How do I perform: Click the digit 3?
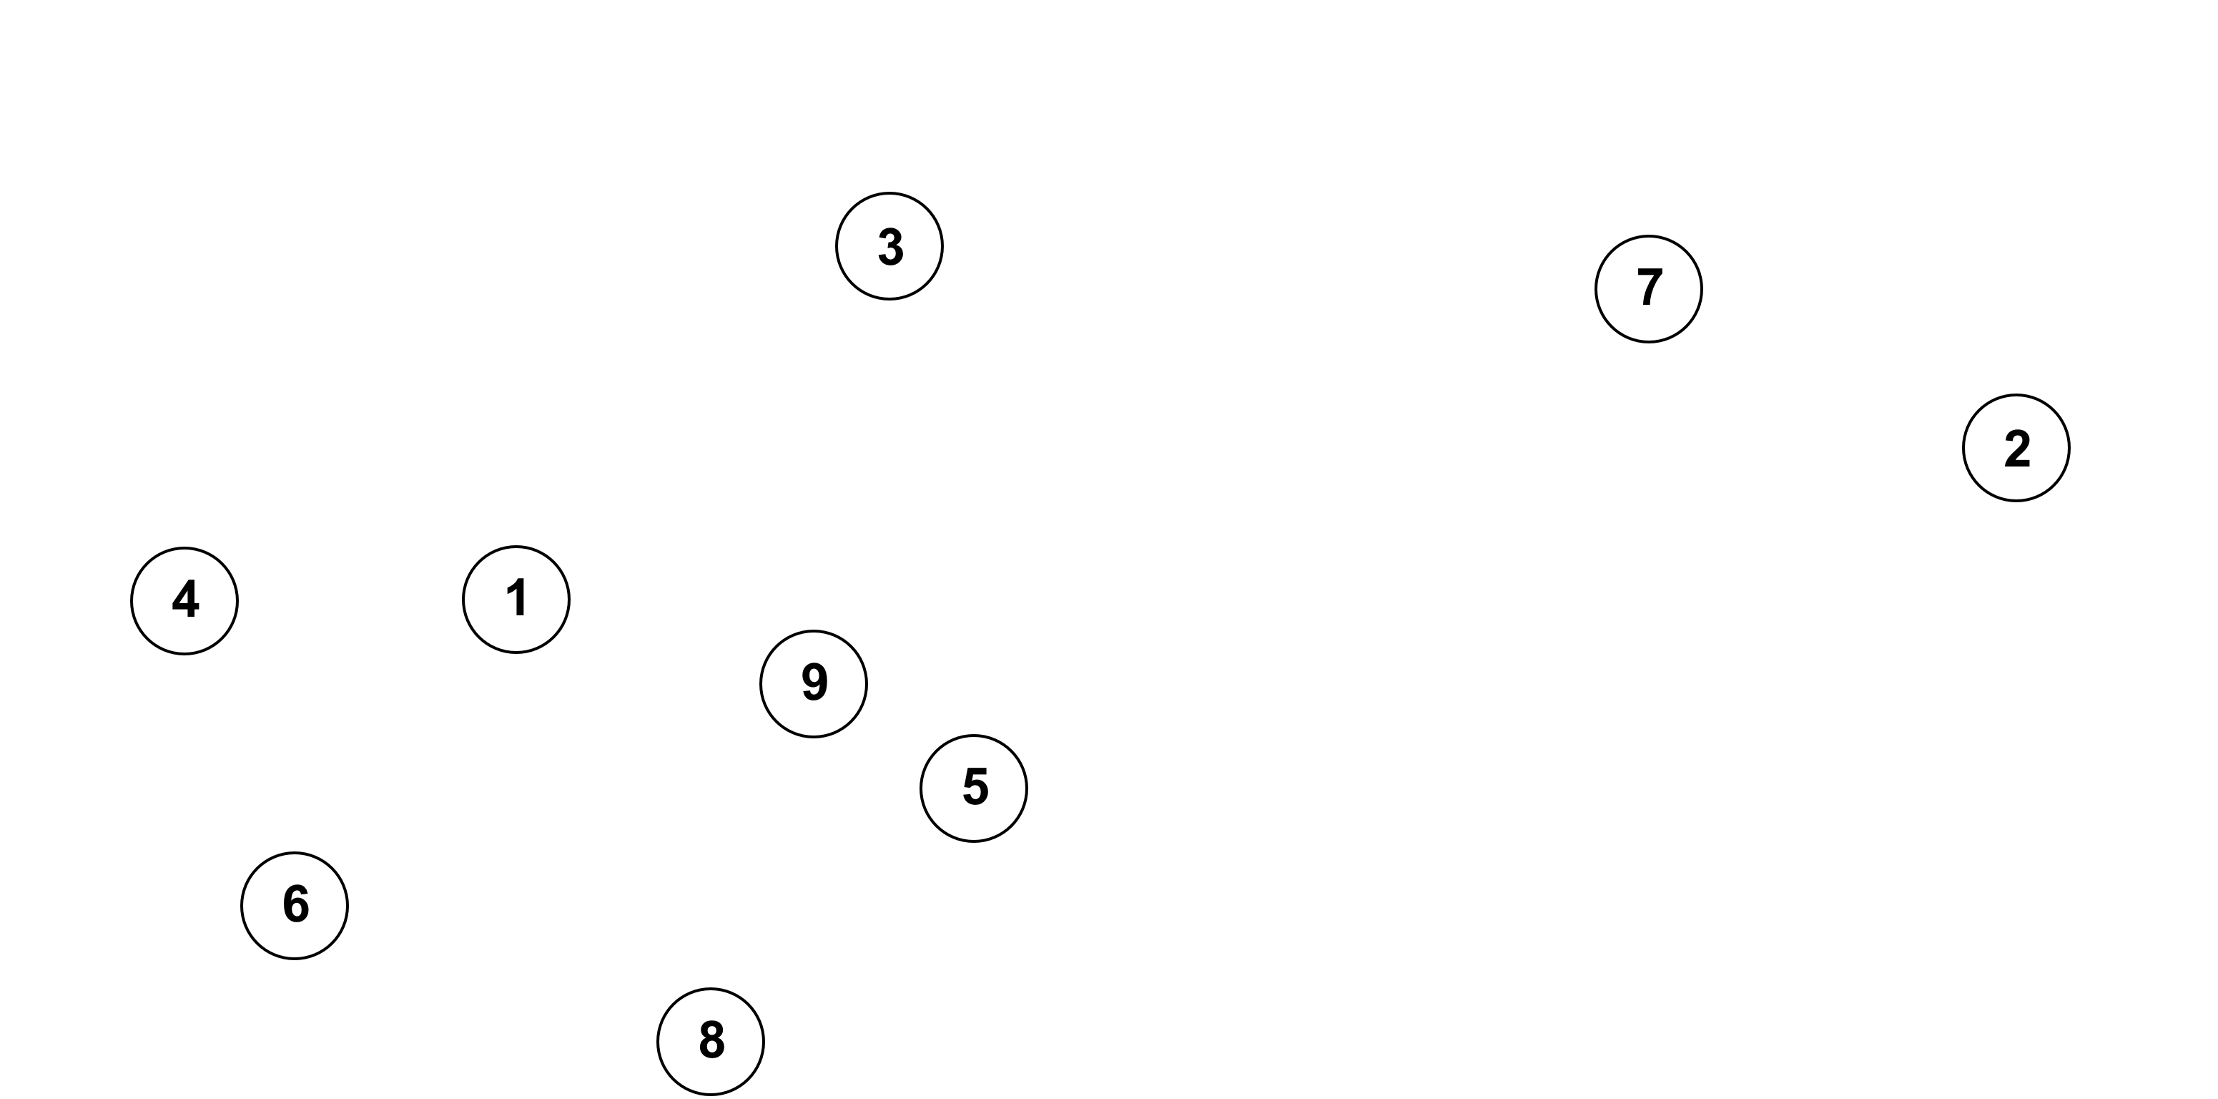tap(890, 246)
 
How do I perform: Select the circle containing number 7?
tap(1648, 289)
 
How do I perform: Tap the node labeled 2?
tap(2016, 448)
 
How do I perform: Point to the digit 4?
tap(185, 600)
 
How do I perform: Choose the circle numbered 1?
tap(516, 600)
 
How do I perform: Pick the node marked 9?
tap(814, 684)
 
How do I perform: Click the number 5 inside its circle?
tap(975, 787)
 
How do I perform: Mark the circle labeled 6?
tap(295, 905)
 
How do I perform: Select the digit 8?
tap(711, 1040)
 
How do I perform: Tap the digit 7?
tap(1649, 288)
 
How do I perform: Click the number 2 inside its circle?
tap(2016, 449)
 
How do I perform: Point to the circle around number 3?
tap(889, 246)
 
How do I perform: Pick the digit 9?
tap(814, 682)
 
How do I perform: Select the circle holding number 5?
tap(974, 788)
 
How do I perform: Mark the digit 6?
tap(295, 904)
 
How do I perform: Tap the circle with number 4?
tap(184, 601)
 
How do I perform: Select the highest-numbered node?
tap(814, 684)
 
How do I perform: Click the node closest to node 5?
tap(814, 684)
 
